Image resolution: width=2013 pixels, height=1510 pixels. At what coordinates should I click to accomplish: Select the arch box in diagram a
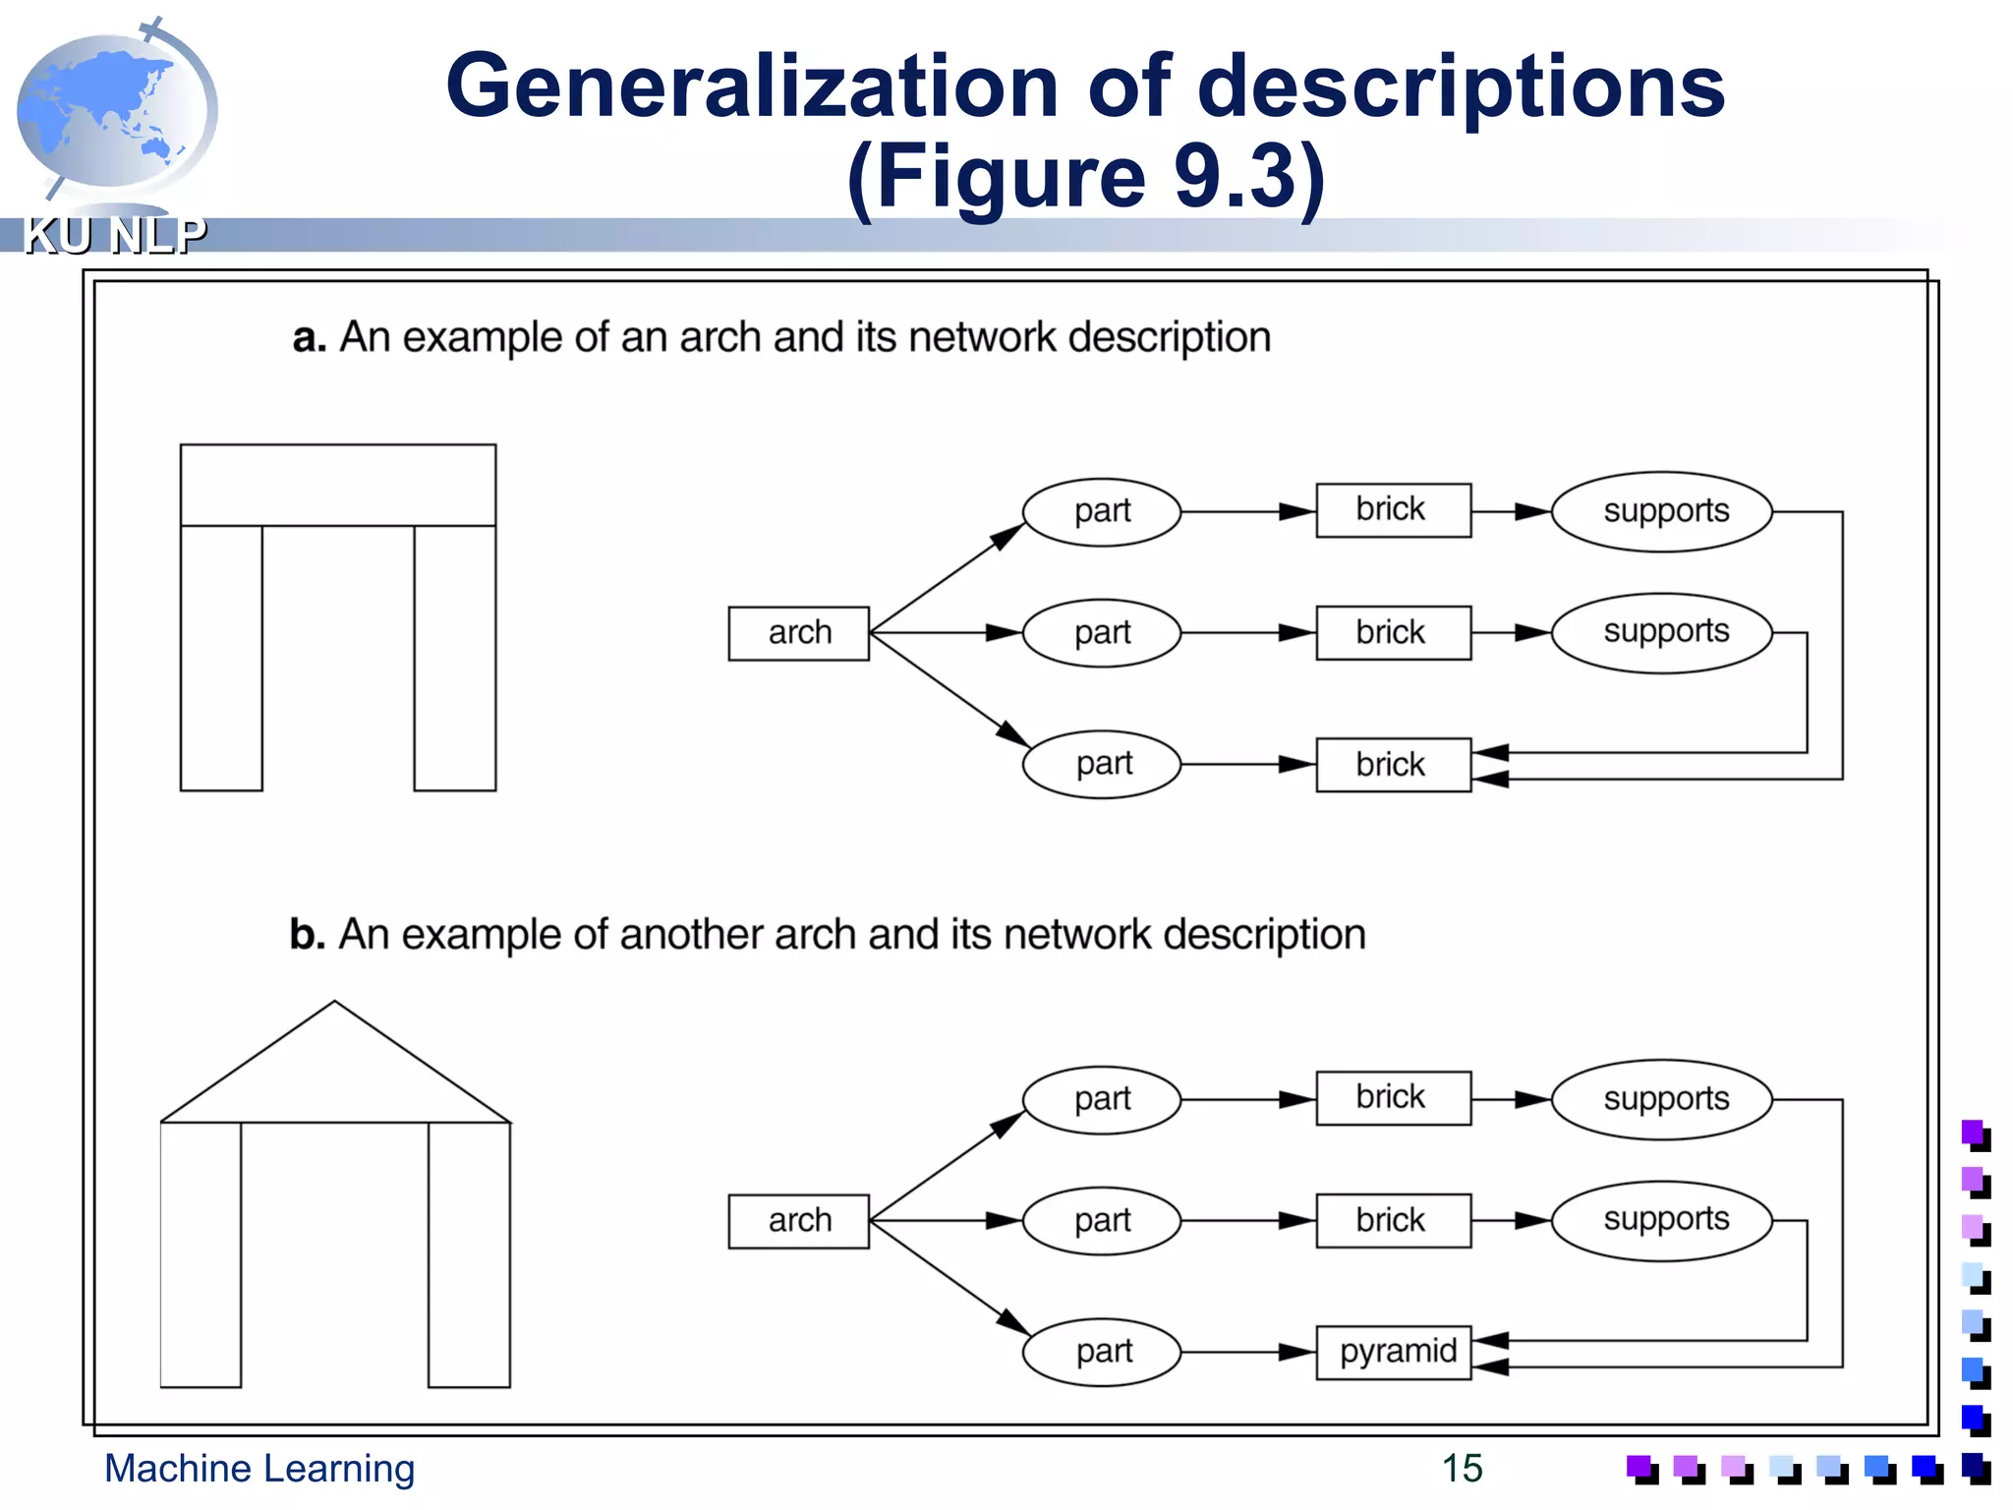tap(798, 633)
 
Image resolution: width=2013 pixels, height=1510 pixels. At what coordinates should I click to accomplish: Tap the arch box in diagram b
tap(798, 1221)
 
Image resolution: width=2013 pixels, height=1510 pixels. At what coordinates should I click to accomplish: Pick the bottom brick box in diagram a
tap(1393, 765)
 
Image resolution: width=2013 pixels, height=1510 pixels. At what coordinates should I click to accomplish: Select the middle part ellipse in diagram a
tap(1101, 633)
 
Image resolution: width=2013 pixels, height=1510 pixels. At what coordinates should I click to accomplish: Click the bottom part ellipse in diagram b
tap(1101, 1352)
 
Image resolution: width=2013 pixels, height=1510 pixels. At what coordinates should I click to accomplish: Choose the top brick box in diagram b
tap(1393, 1098)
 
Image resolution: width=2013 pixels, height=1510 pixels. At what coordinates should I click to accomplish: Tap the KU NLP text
tap(115, 236)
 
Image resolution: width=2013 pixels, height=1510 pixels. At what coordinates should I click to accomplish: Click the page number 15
tap(1462, 1468)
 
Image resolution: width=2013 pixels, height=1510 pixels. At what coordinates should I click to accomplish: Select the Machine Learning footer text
tap(259, 1468)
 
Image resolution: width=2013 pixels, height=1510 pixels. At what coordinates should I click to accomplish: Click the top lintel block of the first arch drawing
tap(337, 485)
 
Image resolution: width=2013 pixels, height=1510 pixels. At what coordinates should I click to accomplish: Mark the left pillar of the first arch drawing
tap(221, 657)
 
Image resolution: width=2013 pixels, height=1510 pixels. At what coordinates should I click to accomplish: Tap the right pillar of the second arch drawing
tap(469, 1253)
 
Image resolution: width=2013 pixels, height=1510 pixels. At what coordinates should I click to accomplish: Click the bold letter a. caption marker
tap(309, 337)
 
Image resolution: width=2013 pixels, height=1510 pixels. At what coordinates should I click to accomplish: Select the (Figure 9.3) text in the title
tap(1086, 177)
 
